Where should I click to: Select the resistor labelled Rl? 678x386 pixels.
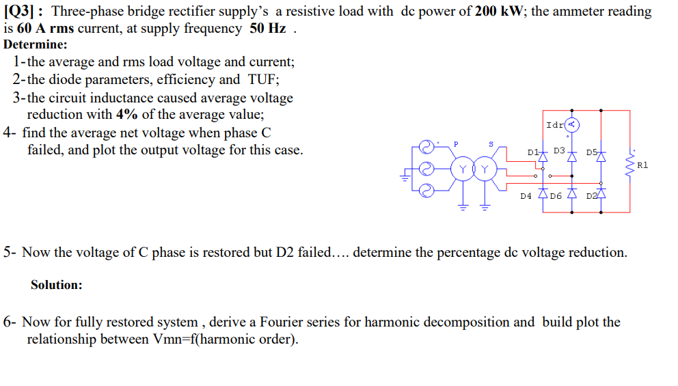(x=629, y=165)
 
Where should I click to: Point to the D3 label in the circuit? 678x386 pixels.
(x=559, y=150)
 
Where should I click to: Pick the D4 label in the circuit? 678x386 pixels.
(x=525, y=196)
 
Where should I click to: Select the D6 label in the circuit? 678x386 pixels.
(x=556, y=196)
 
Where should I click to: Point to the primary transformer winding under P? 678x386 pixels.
(x=464, y=169)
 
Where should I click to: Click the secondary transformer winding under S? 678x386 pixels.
(x=485, y=169)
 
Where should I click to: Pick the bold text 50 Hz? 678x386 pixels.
(x=267, y=29)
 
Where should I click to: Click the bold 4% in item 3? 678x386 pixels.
(x=127, y=114)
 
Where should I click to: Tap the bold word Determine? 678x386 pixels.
(x=36, y=45)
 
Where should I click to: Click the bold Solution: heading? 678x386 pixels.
(x=56, y=285)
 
